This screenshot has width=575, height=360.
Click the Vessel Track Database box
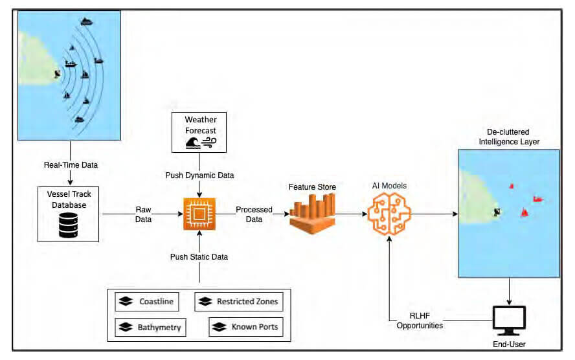pyautogui.click(x=68, y=214)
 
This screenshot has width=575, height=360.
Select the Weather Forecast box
pyautogui.click(x=199, y=132)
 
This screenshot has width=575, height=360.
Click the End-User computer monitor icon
pyautogui.click(x=510, y=318)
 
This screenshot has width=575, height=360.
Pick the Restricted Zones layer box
pyautogui.click(x=239, y=302)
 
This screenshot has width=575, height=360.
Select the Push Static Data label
pyautogui.click(x=199, y=257)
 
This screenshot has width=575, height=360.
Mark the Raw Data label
pyautogui.click(x=144, y=214)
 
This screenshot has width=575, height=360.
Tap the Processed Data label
pyautogui.click(x=254, y=214)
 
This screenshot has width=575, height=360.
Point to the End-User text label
pyautogui.click(x=510, y=343)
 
